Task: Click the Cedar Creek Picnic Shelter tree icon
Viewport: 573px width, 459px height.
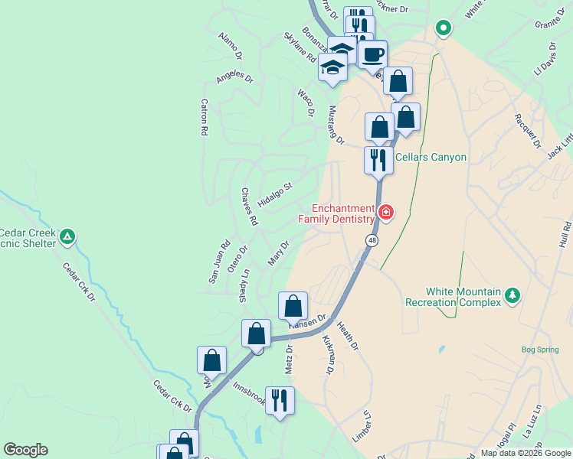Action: pyautogui.click(x=68, y=236)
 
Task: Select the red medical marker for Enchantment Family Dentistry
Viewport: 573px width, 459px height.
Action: pyautogui.click(x=385, y=211)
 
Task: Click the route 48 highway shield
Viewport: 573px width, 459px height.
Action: pyautogui.click(x=372, y=240)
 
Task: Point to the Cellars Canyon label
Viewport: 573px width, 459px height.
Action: pyautogui.click(x=431, y=157)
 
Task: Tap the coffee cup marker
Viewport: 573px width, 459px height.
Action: pyautogui.click(x=372, y=55)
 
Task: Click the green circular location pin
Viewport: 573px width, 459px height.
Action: pyautogui.click(x=443, y=29)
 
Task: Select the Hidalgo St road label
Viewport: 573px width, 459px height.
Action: pyautogui.click(x=276, y=195)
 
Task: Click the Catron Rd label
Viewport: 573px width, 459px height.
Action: pyautogui.click(x=205, y=117)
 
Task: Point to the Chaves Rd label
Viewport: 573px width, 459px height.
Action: pyautogui.click(x=249, y=207)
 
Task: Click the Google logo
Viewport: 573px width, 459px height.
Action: pyautogui.click(x=25, y=450)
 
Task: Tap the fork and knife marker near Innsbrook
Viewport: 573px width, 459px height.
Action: pyautogui.click(x=280, y=400)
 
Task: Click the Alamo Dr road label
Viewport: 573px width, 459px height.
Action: pyautogui.click(x=230, y=46)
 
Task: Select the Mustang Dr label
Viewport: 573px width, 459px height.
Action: pyautogui.click(x=336, y=125)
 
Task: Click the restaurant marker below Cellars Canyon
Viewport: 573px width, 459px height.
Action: pyautogui.click(x=378, y=161)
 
